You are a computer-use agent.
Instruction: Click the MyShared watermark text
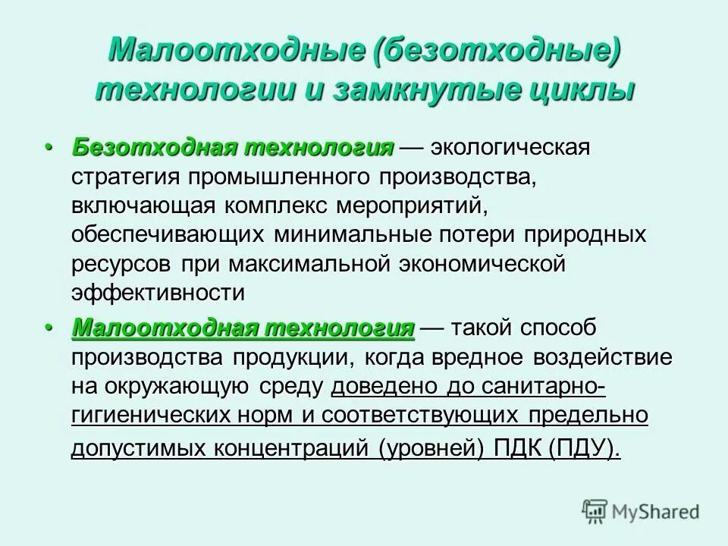659,512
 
